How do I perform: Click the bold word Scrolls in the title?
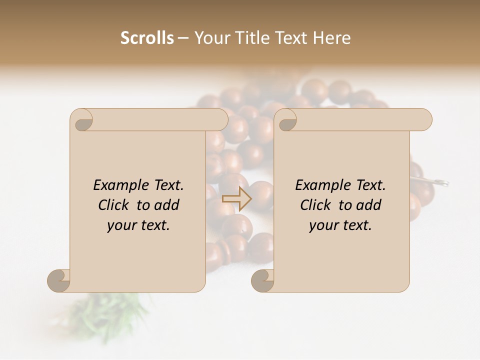click(x=147, y=38)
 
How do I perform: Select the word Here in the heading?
click(x=332, y=38)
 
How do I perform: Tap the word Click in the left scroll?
click(x=115, y=205)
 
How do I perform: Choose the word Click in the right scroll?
click(x=317, y=205)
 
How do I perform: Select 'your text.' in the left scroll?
click(x=138, y=225)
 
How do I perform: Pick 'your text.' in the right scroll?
click(x=340, y=225)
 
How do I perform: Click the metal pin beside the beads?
click(x=440, y=182)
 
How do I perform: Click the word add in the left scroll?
click(x=166, y=205)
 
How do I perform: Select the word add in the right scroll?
click(x=368, y=205)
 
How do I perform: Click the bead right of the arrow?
click(x=262, y=195)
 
